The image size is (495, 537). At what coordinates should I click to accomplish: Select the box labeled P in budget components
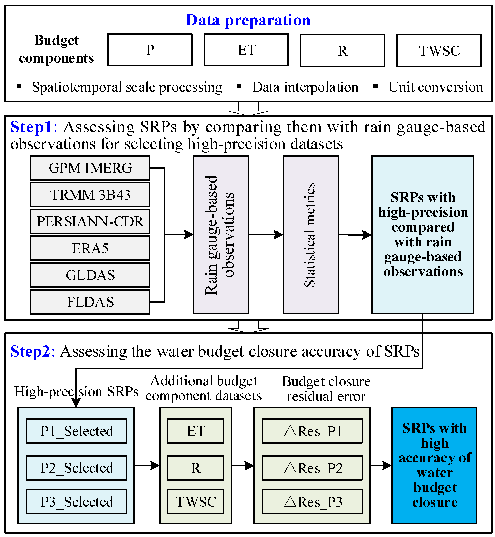pos(150,50)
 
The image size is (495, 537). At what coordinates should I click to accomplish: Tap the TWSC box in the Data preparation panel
pos(439,51)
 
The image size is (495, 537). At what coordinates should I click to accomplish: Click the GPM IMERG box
pos(90,168)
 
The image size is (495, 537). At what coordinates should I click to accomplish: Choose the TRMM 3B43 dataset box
pos(90,195)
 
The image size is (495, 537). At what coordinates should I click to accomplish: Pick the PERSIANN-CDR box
pos(90,221)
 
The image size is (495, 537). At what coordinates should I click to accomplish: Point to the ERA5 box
pos(90,248)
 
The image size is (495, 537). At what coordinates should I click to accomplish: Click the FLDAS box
pos(90,302)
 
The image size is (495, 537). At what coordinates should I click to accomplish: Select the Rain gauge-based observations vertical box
pos(221,235)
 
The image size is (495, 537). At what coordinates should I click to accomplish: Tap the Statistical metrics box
pos(311,235)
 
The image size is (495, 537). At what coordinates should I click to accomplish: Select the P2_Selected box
pos(77,468)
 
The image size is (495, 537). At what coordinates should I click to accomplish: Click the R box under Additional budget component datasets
pos(196,468)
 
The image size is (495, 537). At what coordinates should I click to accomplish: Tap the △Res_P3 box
pos(312,502)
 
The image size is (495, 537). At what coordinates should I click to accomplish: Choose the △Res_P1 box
pos(312,431)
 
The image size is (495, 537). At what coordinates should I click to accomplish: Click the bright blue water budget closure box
pos(434,465)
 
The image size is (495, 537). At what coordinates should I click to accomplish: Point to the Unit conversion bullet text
pos(436,87)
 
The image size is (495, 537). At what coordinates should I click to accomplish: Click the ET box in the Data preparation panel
pos(246,50)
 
